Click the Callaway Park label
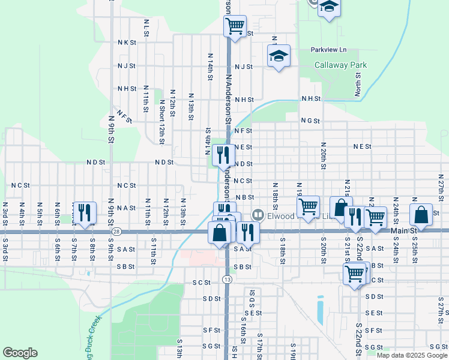click(x=341, y=65)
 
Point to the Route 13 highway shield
click(x=226, y=279)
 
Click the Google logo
click(x=20, y=353)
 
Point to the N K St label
click(x=127, y=43)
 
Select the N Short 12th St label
click(x=161, y=122)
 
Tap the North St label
click(x=357, y=85)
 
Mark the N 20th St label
click(x=323, y=155)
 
